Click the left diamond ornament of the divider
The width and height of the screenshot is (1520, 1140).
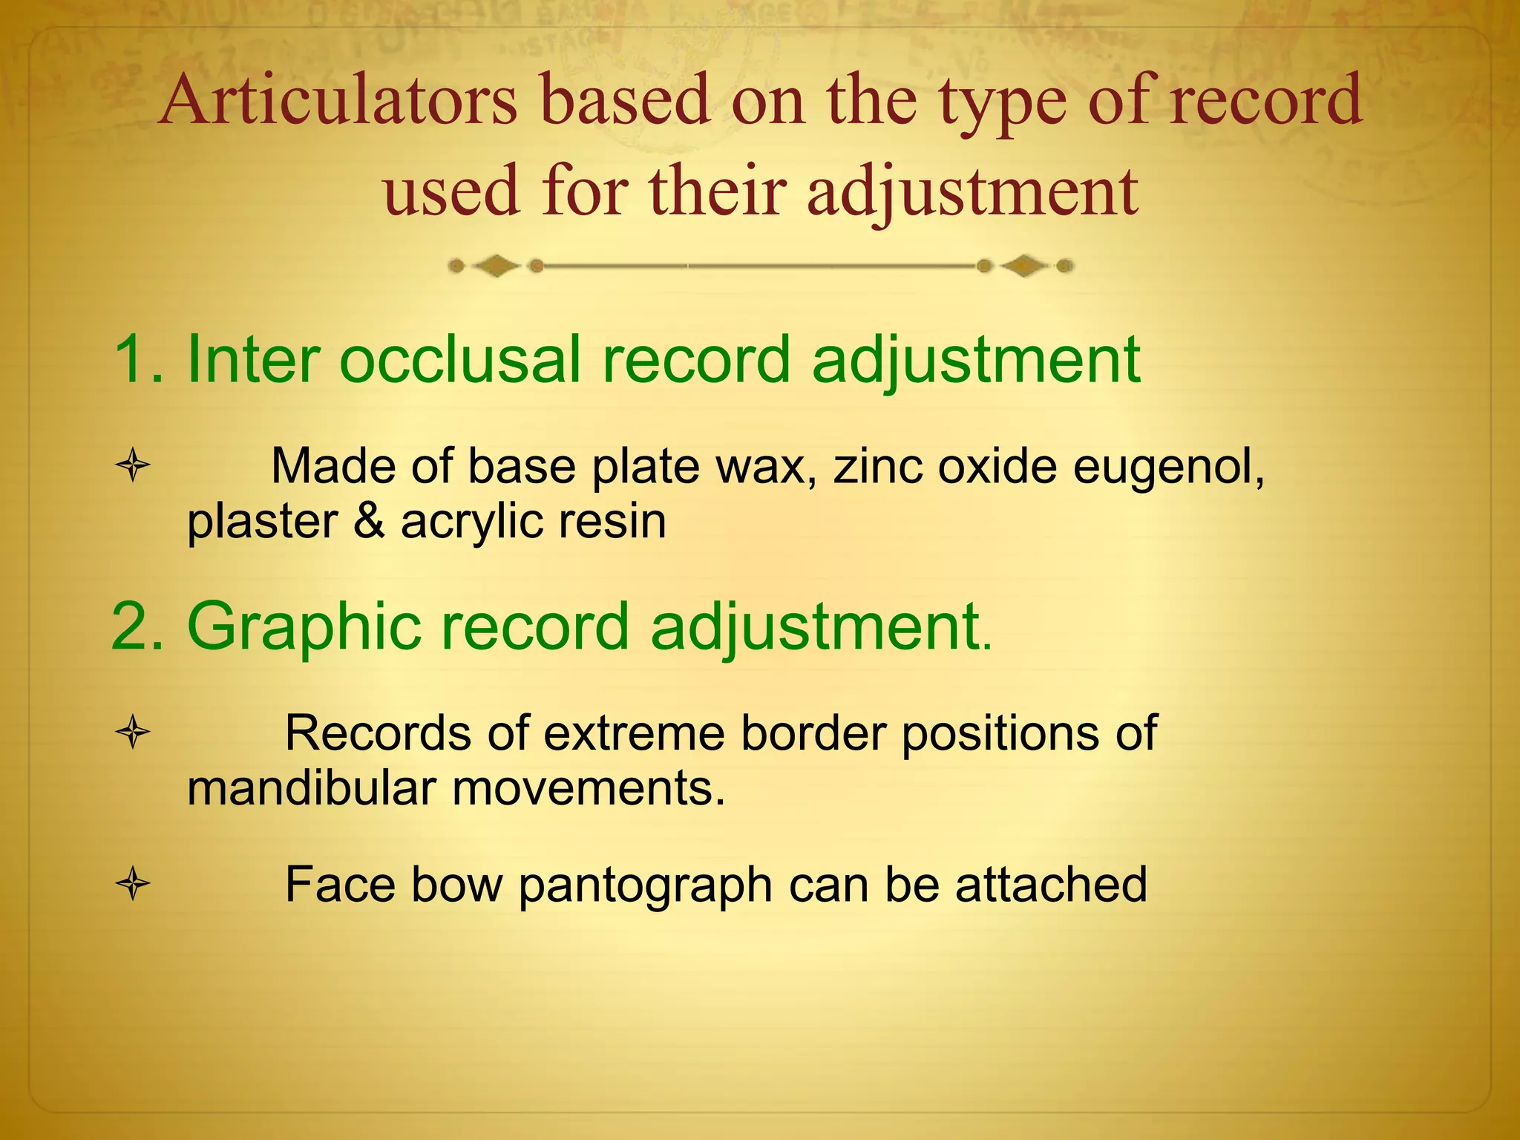(x=496, y=266)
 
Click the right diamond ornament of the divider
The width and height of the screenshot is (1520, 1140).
(x=1024, y=266)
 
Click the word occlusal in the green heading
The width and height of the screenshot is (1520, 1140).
(x=460, y=360)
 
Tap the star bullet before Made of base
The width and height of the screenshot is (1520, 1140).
(x=134, y=466)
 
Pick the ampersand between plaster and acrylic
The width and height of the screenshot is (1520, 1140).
(x=369, y=521)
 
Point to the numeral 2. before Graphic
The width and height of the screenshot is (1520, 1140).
(x=137, y=627)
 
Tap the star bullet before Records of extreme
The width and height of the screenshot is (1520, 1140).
(x=134, y=733)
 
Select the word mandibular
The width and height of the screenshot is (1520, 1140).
(x=310, y=788)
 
